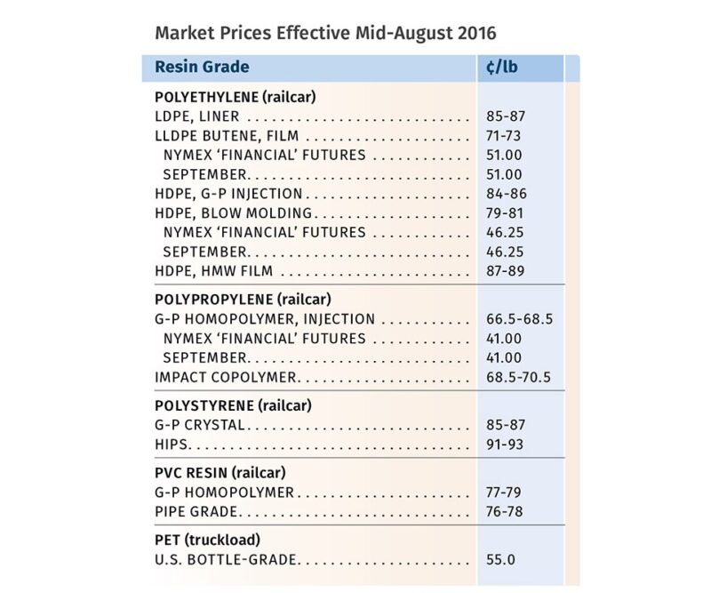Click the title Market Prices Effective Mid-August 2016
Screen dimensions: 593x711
[x=325, y=32]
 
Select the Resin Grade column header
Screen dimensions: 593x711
[x=202, y=68]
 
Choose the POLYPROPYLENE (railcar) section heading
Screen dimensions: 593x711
[x=244, y=300]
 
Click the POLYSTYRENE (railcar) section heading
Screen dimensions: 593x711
[x=235, y=405]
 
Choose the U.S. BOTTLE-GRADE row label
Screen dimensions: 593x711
[x=226, y=559]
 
